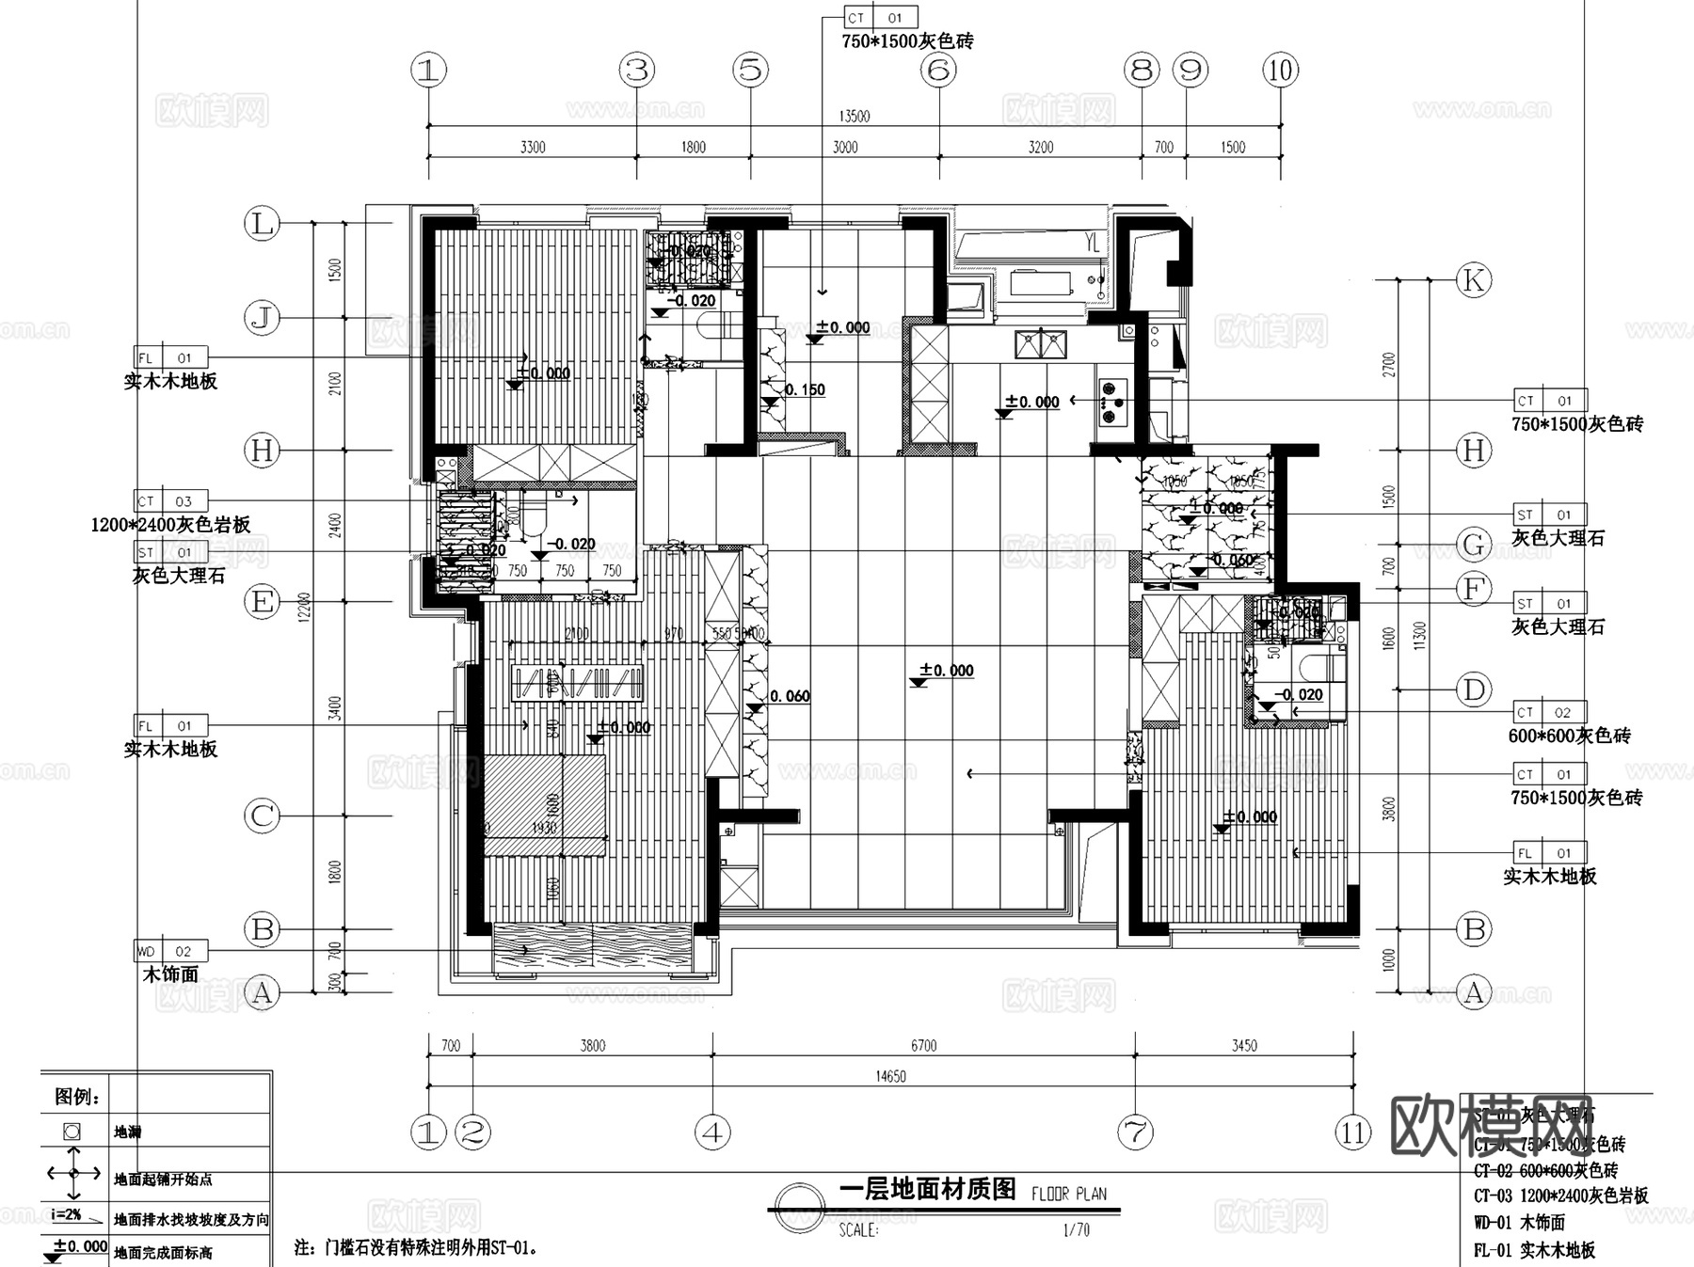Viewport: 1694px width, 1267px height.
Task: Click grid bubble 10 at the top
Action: (1280, 70)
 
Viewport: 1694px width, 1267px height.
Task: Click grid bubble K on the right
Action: (1474, 280)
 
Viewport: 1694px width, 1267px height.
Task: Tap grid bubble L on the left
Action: (262, 224)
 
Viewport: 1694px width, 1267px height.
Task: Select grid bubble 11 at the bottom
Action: (1353, 1132)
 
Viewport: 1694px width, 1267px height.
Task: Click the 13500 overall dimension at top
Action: (854, 117)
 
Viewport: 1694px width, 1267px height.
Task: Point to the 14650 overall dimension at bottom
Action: (890, 1076)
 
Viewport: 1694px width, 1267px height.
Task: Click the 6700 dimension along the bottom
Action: (923, 1046)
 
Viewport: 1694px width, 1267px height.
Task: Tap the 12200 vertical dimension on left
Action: (304, 608)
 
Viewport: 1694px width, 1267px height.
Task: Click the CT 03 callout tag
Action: (170, 501)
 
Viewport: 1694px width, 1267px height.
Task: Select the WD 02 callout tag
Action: (170, 951)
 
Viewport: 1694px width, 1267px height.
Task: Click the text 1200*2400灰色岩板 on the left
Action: (171, 525)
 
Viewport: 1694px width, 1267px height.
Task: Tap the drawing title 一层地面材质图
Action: (927, 1190)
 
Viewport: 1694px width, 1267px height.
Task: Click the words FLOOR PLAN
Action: (1069, 1194)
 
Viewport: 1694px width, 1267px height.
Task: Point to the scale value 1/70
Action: (1076, 1229)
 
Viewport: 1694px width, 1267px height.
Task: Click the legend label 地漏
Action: (127, 1132)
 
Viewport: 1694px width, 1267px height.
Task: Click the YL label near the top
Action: (1092, 244)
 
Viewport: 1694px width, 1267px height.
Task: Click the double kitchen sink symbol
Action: (1040, 344)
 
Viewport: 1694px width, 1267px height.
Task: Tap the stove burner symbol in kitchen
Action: (1112, 402)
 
